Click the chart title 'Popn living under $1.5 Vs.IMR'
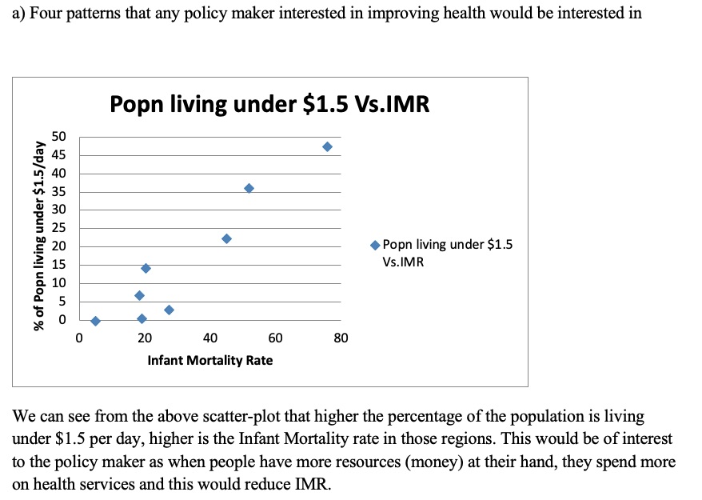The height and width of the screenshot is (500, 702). tap(269, 104)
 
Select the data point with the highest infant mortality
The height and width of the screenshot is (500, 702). tap(327, 146)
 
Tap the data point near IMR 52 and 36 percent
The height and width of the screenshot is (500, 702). tap(249, 188)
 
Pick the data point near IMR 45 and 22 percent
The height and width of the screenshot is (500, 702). tap(226, 238)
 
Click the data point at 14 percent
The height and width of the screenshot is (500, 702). tap(146, 268)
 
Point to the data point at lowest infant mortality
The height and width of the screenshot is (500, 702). tap(95, 321)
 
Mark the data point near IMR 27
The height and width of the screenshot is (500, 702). tap(169, 310)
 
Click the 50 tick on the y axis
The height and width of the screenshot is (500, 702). tap(60, 137)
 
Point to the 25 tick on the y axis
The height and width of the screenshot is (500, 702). tap(60, 228)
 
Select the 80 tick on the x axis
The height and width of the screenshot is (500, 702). tap(341, 339)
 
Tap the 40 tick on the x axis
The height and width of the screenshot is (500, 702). tap(210, 339)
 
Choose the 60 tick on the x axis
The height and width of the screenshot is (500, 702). tap(275, 339)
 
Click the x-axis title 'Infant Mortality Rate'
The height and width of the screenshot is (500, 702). tap(209, 361)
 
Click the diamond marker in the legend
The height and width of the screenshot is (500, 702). tap(375, 245)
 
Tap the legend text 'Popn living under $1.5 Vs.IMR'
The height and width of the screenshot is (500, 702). tap(447, 253)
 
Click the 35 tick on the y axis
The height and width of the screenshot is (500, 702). tap(60, 192)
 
